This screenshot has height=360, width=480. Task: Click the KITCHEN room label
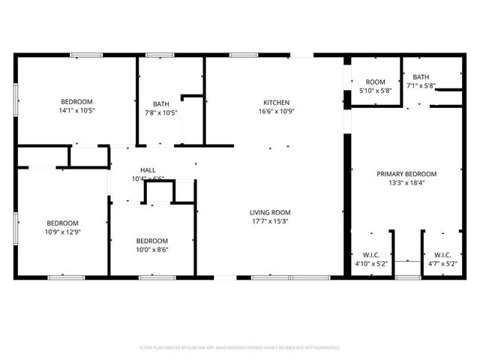(x=275, y=103)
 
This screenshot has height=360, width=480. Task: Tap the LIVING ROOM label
(x=270, y=212)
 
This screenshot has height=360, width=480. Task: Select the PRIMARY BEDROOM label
(x=406, y=173)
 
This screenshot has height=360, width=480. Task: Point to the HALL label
(x=137, y=170)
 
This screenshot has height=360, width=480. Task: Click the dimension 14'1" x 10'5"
(x=76, y=110)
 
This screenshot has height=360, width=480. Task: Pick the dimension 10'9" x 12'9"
(x=61, y=232)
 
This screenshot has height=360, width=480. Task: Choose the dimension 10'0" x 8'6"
(x=152, y=250)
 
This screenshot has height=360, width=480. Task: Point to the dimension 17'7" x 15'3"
(x=270, y=221)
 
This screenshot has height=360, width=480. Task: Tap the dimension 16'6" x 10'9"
(x=275, y=112)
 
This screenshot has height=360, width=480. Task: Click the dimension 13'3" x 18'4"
(x=406, y=182)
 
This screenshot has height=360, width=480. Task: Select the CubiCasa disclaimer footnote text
(x=240, y=348)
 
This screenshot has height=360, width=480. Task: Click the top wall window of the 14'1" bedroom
(x=86, y=55)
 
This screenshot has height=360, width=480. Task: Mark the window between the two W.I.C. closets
(x=407, y=277)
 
